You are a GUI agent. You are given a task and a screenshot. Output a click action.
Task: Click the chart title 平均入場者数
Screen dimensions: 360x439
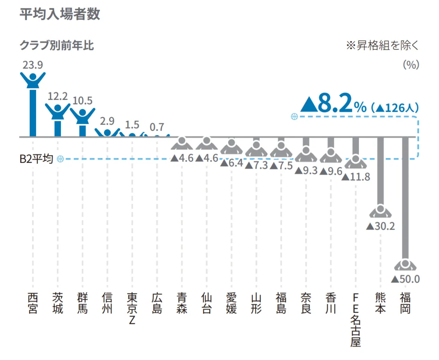[60, 14]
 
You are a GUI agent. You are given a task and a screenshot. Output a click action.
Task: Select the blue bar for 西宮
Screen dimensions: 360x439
[33, 114]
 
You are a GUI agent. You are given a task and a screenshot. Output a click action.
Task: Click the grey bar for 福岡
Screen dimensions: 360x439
[405, 196]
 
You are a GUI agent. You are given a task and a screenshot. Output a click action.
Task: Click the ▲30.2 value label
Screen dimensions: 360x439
[380, 226]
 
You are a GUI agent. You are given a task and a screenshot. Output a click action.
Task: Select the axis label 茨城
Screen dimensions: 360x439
[58, 303]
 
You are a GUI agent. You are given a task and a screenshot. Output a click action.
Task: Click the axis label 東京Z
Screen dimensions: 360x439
[132, 309]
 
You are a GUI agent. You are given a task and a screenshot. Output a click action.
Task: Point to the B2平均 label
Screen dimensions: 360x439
[36, 159]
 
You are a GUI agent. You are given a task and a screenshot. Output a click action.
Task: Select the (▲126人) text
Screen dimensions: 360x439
[394, 107]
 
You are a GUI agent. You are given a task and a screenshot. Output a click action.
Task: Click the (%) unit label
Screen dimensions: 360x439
[411, 65]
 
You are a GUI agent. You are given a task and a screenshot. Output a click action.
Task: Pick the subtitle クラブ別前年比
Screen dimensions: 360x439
[57, 45]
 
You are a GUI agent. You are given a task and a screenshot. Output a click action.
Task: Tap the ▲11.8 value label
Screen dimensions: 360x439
[356, 176]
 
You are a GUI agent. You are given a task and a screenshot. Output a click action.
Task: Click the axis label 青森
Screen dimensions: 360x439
[182, 303]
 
